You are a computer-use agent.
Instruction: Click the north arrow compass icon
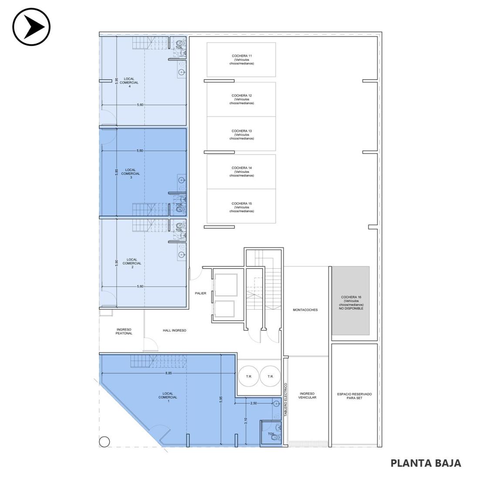click(x=31, y=27)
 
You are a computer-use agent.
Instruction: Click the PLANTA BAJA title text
click(x=426, y=463)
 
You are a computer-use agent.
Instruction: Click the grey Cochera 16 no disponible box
click(x=351, y=300)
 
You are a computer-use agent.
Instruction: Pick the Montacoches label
click(x=305, y=310)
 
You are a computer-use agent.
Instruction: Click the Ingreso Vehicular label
click(x=307, y=395)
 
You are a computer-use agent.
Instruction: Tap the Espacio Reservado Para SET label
click(x=354, y=396)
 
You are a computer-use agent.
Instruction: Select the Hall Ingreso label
click(x=175, y=330)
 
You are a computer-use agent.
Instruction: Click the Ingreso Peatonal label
click(x=124, y=331)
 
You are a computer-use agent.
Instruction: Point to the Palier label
click(x=200, y=293)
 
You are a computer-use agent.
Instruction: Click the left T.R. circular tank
click(x=249, y=376)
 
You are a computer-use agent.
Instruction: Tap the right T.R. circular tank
click(x=270, y=376)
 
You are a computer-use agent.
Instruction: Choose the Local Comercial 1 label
click(x=168, y=397)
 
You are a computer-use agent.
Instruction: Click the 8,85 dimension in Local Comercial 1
click(x=169, y=373)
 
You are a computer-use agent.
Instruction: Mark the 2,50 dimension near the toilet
click(x=253, y=403)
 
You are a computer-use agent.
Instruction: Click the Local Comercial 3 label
click(x=131, y=173)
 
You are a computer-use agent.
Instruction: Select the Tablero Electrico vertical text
click(x=286, y=400)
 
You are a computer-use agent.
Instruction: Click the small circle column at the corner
click(x=105, y=442)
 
